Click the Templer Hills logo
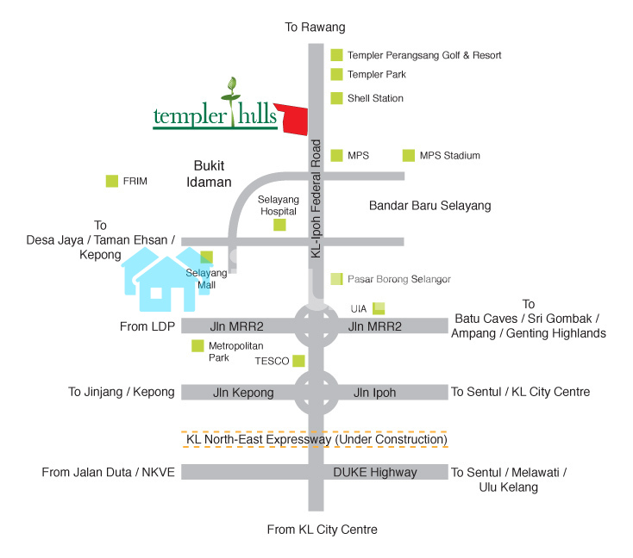click(216, 108)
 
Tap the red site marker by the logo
click(296, 120)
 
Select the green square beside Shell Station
click(336, 98)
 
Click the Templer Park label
click(376, 75)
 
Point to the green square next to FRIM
click(111, 181)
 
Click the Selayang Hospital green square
click(279, 225)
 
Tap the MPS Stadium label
click(449, 156)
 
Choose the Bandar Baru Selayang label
click(429, 206)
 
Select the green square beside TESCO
click(298, 360)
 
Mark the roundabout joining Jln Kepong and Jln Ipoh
click(316, 393)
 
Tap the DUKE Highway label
click(375, 472)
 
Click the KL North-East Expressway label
click(316, 440)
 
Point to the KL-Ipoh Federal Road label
click(316, 198)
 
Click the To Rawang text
click(315, 28)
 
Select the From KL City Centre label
click(322, 530)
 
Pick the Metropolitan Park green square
click(197, 345)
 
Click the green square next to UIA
click(379, 308)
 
